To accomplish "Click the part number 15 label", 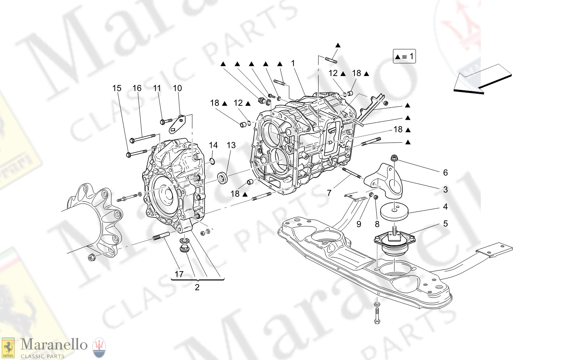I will [x=117, y=88].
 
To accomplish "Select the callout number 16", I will [x=137, y=88].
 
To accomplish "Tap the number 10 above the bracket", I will [x=177, y=88].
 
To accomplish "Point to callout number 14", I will [x=213, y=145].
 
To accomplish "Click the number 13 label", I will [x=231, y=145].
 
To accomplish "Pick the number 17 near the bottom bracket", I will [x=179, y=274].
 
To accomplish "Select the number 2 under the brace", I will [x=197, y=287].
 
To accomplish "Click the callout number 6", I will [x=445, y=173].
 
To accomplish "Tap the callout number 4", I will [x=445, y=207].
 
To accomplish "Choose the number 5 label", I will [x=445, y=223].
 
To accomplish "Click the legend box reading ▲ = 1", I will [x=404, y=56].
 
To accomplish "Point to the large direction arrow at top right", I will [x=482, y=79].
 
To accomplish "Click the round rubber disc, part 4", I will [x=394, y=211].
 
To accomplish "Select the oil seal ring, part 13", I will [x=223, y=178].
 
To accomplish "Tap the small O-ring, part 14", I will [x=212, y=161].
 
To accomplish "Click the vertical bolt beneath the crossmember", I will [x=377, y=314].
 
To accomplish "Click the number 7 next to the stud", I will [x=329, y=193].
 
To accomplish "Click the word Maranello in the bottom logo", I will [x=54, y=345].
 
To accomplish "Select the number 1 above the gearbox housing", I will [x=293, y=63].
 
